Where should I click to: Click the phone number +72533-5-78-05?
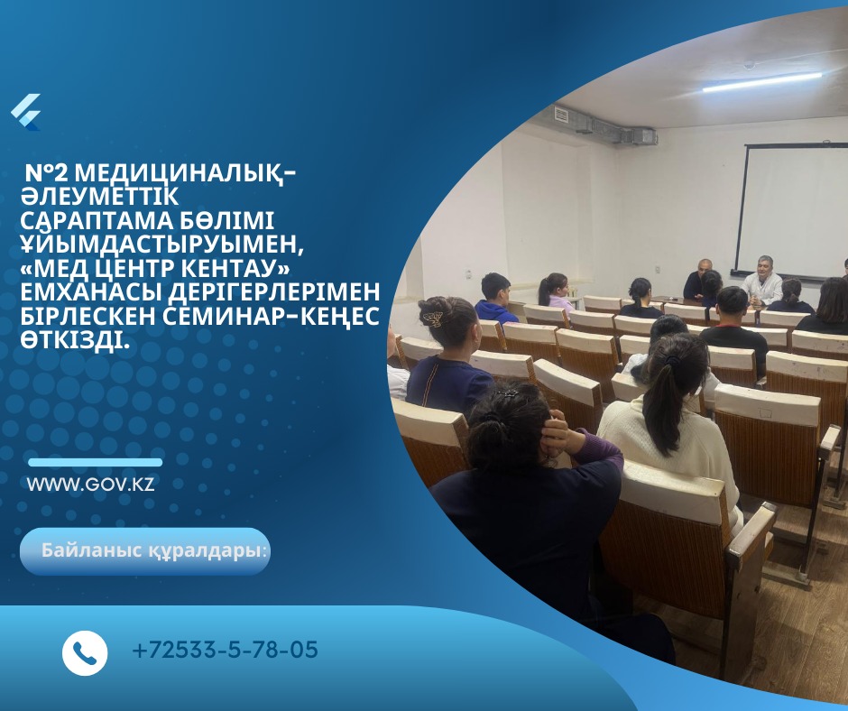tap(225, 650)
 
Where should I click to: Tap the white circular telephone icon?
tap(85, 652)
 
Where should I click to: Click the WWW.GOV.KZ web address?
tap(90, 484)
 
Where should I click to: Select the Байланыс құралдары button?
tap(145, 551)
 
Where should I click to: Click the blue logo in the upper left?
tap(25, 112)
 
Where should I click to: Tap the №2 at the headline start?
tap(47, 172)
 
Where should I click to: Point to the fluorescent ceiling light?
tap(762, 82)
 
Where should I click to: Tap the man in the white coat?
tap(762, 282)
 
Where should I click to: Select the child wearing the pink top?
tap(555, 292)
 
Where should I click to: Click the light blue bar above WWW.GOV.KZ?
tap(95, 463)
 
